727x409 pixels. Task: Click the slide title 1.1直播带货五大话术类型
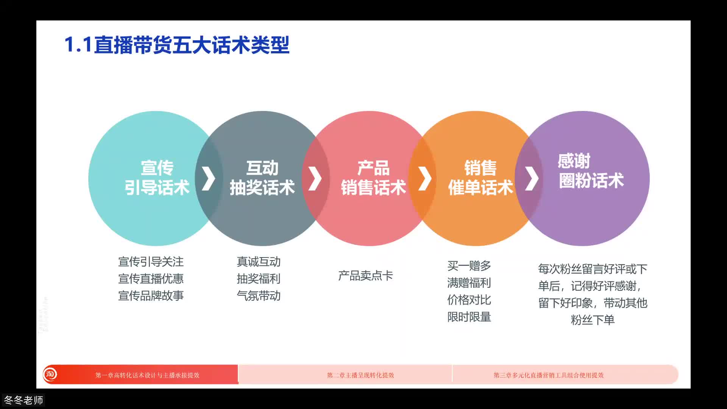176,45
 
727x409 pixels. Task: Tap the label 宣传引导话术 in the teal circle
157,178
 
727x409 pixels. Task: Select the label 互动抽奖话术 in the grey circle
262,178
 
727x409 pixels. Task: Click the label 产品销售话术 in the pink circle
373,178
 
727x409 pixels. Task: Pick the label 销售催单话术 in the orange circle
480,178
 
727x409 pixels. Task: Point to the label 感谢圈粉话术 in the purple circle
591,171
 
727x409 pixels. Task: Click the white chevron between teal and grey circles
209,178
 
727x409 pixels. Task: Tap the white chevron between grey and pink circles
315,178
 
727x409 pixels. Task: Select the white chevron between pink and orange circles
425,178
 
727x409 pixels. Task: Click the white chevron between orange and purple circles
532,178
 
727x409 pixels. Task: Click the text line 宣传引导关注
151,262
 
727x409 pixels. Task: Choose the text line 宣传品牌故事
151,295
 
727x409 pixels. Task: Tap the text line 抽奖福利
258,279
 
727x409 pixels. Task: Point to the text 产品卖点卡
365,275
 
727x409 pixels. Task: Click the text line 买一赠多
469,266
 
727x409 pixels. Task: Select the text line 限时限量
469,317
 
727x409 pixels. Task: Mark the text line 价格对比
469,300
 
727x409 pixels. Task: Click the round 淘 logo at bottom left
50,375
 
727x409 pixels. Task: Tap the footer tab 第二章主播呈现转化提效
360,375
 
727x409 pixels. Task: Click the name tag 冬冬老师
23,400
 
